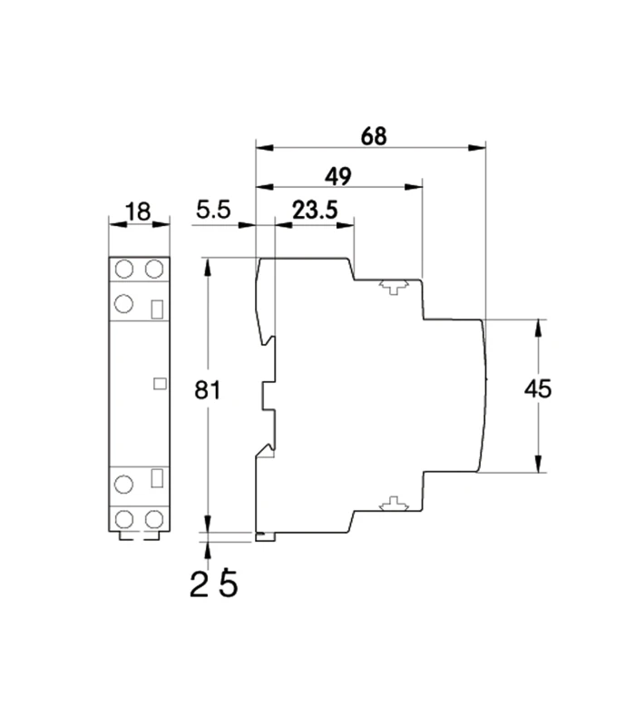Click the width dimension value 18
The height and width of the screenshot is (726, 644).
click(x=138, y=212)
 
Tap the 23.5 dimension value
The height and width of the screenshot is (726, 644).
click(x=314, y=211)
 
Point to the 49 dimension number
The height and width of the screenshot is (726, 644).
click(x=338, y=174)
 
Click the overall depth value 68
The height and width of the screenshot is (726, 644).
click(x=373, y=135)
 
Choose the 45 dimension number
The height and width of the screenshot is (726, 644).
click(x=539, y=389)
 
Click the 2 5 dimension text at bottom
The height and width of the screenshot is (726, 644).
click(x=214, y=584)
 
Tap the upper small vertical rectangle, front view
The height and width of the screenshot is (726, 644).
click(x=157, y=309)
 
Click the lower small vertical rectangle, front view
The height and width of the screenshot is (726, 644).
click(x=157, y=476)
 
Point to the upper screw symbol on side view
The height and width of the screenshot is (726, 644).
click(x=393, y=287)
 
